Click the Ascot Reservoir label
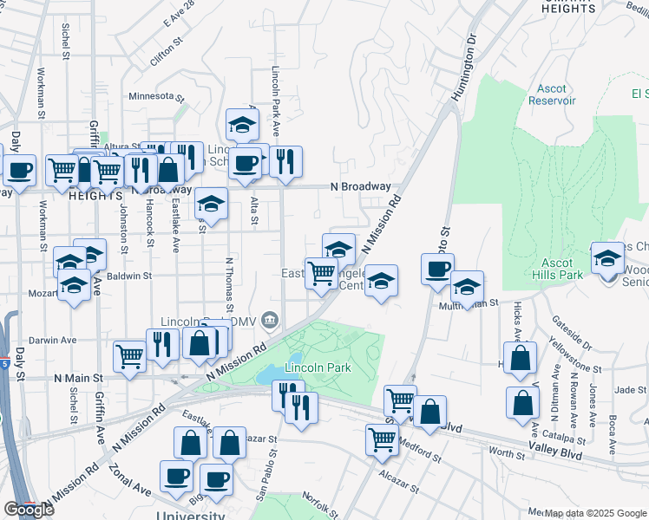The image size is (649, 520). click(552, 94)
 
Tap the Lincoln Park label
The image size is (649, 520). click(318, 367)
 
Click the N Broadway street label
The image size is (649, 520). click(360, 186)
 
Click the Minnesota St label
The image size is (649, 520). click(156, 96)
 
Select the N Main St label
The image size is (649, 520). click(78, 378)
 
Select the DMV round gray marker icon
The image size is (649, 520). click(270, 322)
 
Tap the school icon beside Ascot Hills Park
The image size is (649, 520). click(608, 257)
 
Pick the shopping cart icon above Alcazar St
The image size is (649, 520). click(381, 439)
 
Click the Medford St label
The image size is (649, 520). click(421, 450)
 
